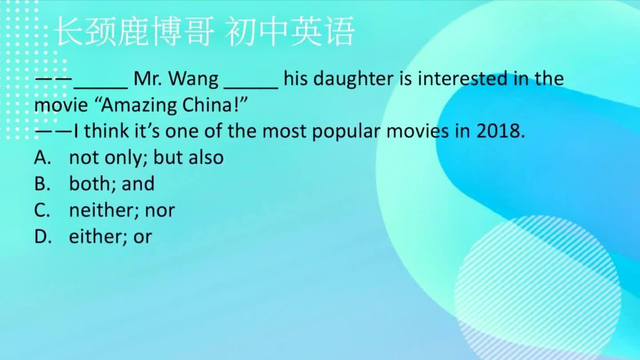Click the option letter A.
[42, 158]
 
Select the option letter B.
[42, 184]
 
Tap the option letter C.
[42, 210]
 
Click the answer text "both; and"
[112, 184]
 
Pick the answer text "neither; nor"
[122, 210]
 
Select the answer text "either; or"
[110, 236]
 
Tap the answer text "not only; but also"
[146, 158]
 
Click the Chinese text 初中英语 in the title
[290, 32]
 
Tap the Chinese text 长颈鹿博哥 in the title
[132, 32]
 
